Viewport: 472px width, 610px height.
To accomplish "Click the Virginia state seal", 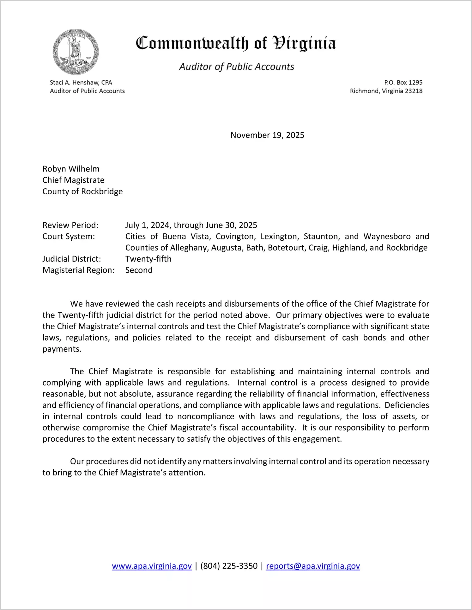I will point(76,52).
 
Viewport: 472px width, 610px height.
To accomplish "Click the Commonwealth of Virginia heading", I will point(236,44).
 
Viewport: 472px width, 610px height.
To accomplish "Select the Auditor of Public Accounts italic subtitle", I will point(237,67).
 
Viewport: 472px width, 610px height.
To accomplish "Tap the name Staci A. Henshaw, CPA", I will point(81,82).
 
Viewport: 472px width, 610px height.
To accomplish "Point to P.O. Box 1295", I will point(403,82).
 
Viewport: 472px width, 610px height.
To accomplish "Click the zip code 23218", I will point(414,91).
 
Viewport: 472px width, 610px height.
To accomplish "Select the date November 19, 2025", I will point(267,135).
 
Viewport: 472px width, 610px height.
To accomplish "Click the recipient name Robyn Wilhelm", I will point(71,169).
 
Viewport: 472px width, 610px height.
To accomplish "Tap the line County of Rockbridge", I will point(82,191).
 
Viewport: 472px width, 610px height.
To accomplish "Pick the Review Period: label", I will point(70,225).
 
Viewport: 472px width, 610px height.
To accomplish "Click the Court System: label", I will point(69,237).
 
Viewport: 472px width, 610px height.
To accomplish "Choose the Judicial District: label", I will point(72,259).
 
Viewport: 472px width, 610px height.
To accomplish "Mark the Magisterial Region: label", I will point(78,270).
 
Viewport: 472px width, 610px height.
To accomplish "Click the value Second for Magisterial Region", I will point(139,270).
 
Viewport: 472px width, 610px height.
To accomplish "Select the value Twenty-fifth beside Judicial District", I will point(148,259).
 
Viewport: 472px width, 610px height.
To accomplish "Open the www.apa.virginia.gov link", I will point(152,566).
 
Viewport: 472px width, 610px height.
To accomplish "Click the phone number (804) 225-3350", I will point(229,566).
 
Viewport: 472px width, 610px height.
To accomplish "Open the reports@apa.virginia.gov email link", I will point(313,566).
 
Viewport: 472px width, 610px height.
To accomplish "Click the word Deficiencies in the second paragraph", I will point(407,405).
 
